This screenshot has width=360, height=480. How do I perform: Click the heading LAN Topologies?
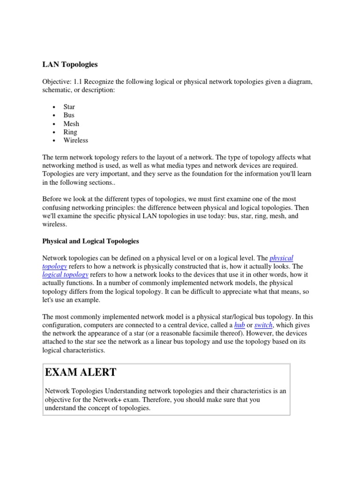coord(70,64)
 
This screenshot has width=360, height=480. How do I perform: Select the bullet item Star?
coord(69,107)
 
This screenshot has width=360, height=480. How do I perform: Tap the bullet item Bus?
coord(69,115)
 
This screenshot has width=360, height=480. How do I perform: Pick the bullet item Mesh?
coord(71,124)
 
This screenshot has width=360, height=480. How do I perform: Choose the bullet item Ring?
coord(70,132)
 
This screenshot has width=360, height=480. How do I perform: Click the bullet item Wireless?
coord(75,141)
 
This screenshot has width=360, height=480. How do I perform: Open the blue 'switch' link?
coord(263,325)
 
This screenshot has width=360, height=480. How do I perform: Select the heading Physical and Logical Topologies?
coord(90,241)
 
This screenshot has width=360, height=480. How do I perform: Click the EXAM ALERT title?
coord(81,373)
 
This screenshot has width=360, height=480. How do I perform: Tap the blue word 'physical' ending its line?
coord(282,258)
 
